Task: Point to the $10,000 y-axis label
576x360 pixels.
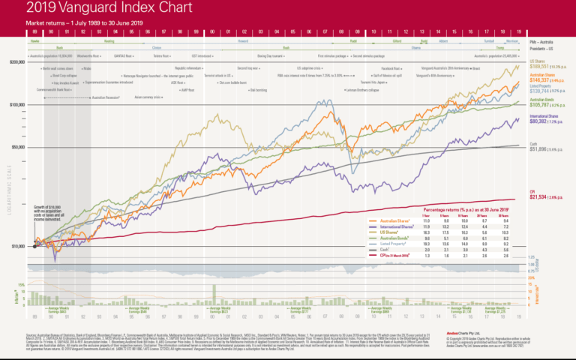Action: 17,246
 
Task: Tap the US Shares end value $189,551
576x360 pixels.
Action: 538,67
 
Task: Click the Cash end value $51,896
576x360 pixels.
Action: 538,150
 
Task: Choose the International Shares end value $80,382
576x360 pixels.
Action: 538,119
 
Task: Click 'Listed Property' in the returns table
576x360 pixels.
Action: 395,244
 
